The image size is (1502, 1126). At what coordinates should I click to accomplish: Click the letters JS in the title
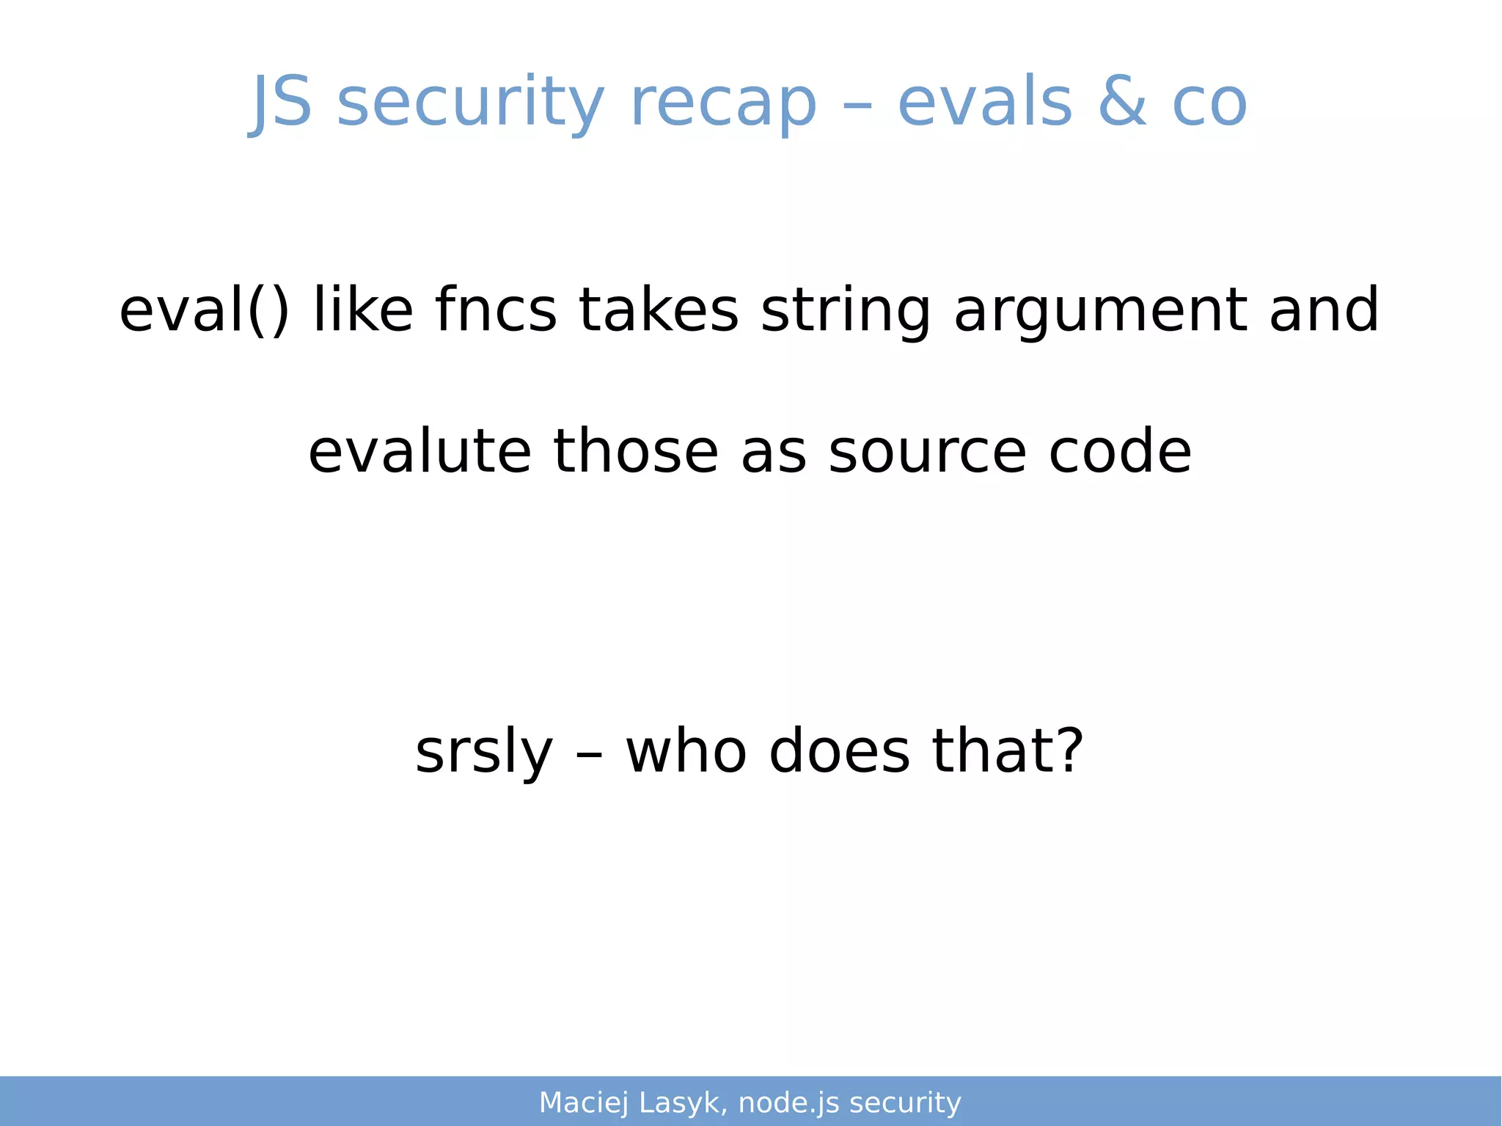click(282, 103)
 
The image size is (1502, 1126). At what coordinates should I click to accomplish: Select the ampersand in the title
click(1122, 103)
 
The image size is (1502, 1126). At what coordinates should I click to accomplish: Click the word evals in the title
click(985, 103)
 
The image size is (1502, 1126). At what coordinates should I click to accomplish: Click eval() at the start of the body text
click(204, 310)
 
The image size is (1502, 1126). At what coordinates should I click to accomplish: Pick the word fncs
click(495, 310)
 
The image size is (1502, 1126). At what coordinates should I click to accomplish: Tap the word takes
click(658, 310)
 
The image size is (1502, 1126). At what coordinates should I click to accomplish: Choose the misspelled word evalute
click(420, 451)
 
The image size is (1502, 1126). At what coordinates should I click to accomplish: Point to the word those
click(635, 451)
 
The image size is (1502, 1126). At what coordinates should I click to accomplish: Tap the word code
click(1120, 451)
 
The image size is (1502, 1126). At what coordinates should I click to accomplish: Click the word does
click(839, 752)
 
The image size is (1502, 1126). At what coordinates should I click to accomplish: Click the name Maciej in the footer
click(584, 1103)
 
